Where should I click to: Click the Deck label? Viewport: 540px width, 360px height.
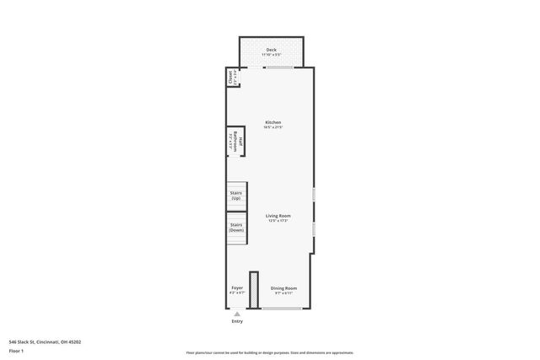271,50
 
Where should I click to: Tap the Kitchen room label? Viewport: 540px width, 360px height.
273,122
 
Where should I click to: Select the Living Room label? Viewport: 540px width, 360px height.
278,216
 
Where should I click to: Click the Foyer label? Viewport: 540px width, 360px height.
237,288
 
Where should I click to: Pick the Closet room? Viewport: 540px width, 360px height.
230,78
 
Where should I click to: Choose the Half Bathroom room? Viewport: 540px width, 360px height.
235,143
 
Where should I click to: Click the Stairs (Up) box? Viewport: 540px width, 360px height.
236,195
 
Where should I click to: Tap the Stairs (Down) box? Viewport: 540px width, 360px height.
236,227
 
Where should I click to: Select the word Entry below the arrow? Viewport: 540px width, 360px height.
237,321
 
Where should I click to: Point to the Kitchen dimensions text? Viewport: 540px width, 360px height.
273,127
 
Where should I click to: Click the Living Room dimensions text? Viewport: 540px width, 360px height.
278,221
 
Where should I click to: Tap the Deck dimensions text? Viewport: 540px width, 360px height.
271,55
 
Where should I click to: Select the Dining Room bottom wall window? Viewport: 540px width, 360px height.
283,308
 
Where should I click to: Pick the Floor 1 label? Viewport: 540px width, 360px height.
17,350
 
